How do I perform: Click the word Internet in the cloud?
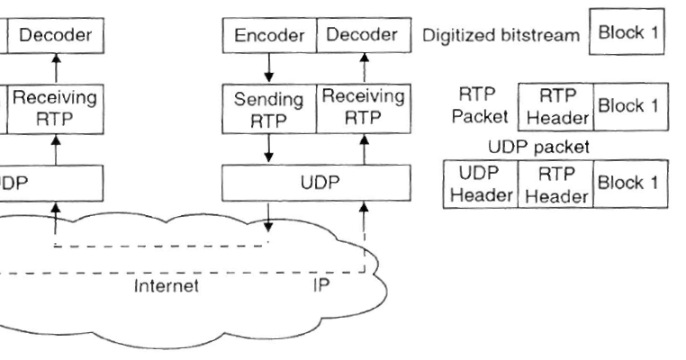click(x=167, y=287)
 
